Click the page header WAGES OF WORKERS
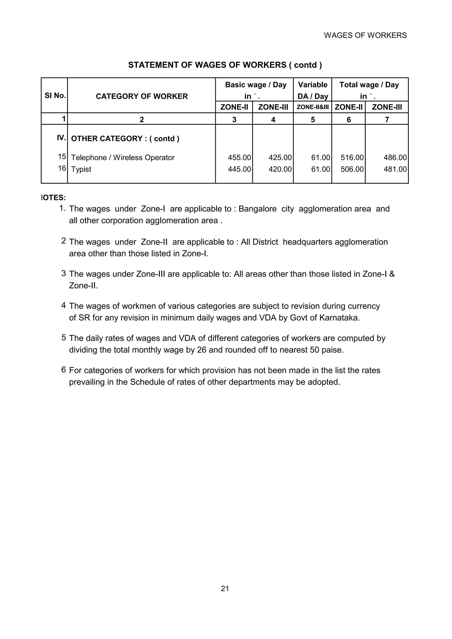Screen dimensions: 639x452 click(x=365, y=35)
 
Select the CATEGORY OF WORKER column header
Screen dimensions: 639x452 click(x=141, y=96)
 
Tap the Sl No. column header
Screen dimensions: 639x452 click(x=55, y=95)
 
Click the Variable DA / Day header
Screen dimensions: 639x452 click(x=313, y=90)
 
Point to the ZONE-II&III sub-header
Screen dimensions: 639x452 click(x=313, y=107)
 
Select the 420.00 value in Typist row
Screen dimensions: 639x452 click(x=280, y=169)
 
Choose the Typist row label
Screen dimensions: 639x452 click(x=81, y=169)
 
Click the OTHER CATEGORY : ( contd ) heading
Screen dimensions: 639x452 click(x=125, y=139)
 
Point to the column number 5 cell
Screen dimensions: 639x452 click(x=313, y=120)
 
